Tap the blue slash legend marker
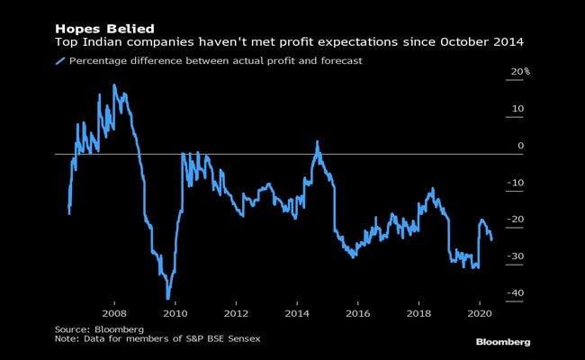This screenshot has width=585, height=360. (x=60, y=61)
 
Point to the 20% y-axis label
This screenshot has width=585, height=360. (x=519, y=72)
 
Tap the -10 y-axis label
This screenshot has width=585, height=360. (x=515, y=183)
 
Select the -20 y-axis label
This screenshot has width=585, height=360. (x=515, y=220)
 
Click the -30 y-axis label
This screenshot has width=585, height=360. (x=515, y=257)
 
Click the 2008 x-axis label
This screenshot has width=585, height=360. (x=113, y=313)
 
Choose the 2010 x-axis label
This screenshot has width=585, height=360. (x=175, y=313)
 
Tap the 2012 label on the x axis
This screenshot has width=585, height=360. (x=236, y=313)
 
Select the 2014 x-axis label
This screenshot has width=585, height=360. (x=297, y=313)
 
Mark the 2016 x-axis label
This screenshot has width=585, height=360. (x=358, y=313)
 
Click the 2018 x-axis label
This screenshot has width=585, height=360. (x=418, y=313)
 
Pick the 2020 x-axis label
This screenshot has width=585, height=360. (x=480, y=313)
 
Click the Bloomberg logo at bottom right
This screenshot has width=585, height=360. (x=502, y=342)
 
